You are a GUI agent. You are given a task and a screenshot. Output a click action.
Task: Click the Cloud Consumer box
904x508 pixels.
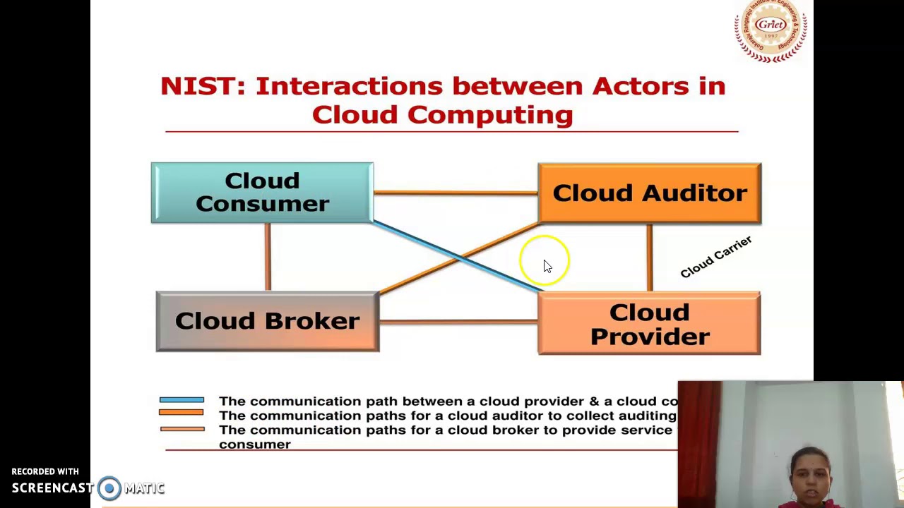pos(262,193)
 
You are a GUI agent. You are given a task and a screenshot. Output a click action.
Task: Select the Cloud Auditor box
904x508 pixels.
pos(649,193)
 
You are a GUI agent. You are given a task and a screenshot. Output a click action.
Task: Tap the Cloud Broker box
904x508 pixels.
pos(267,321)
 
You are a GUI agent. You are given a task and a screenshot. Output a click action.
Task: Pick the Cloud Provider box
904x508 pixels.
pos(649,324)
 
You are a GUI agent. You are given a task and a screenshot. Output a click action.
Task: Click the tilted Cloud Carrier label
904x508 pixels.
pos(715,258)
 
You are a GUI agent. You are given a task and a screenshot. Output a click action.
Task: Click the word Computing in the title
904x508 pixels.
pos(489,114)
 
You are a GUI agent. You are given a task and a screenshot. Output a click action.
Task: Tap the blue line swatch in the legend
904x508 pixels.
pos(182,400)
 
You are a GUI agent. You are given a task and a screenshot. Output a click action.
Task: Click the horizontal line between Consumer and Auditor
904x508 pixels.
pos(455,192)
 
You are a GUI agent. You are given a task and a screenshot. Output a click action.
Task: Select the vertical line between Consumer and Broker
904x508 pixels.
pos(268,257)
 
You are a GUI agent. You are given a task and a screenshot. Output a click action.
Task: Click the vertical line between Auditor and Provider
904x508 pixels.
pos(649,257)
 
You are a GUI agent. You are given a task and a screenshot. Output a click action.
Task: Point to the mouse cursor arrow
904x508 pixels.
pos(547,265)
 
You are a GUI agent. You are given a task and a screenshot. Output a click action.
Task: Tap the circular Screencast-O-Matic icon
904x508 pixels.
pos(109,488)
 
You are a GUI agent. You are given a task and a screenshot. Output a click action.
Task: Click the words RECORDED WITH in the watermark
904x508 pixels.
pos(45,471)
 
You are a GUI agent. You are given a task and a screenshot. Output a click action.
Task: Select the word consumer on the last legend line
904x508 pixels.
pos(255,445)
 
